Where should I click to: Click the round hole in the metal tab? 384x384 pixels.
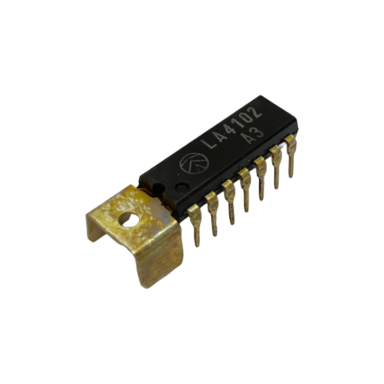point(129,220)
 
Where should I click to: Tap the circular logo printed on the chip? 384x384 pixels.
point(194,163)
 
